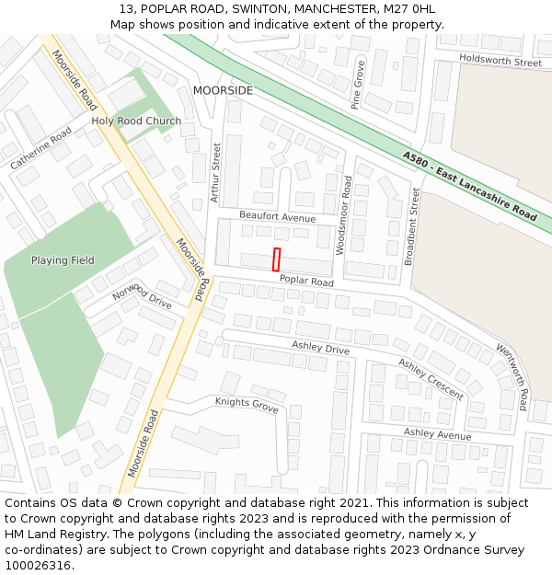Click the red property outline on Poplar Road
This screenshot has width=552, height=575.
pyautogui.click(x=276, y=259)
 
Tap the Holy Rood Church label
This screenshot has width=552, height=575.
pyautogui.click(x=136, y=121)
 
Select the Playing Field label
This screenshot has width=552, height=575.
pyautogui.click(x=63, y=260)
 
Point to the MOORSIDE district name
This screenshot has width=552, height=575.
pyautogui.click(x=223, y=91)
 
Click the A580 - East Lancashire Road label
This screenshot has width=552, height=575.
pyautogui.click(x=469, y=185)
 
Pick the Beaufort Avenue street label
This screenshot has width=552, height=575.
pyautogui.click(x=277, y=216)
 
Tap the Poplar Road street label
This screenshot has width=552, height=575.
pyautogui.click(x=306, y=281)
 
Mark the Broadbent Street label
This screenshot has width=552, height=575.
pyautogui.click(x=415, y=225)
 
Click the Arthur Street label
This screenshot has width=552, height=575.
pyautogui.click(x=216, y=172)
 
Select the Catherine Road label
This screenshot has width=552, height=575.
pyautogui.click(x=41, y=147)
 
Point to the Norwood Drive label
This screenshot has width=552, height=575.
pyautogui.click(x=142, y=296)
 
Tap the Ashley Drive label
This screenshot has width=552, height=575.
pyautogui.click(x=320, y=347)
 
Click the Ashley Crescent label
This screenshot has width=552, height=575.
pyautogui.click(x=431, y=378)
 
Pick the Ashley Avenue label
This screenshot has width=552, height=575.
pyautogui.click(x=437, y=433)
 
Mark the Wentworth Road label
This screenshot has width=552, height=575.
pyautogui.click(x=512, y=376)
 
